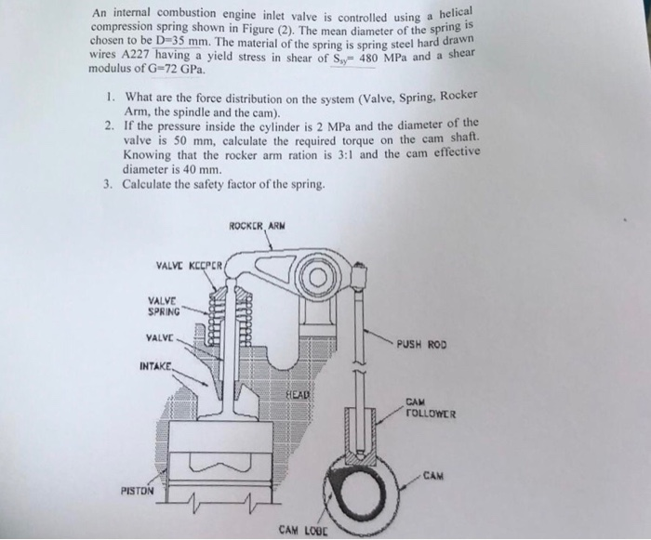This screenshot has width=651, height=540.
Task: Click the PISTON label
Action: pyautogui.click(x=137, y=489)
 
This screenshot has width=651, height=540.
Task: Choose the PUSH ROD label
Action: pyautogui.click(x=421, y=342)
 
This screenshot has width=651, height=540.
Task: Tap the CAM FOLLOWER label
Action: pyautogui.click(x=429, y=410)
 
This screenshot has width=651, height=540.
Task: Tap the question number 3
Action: pyautogui.click(x=109, y=182)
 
